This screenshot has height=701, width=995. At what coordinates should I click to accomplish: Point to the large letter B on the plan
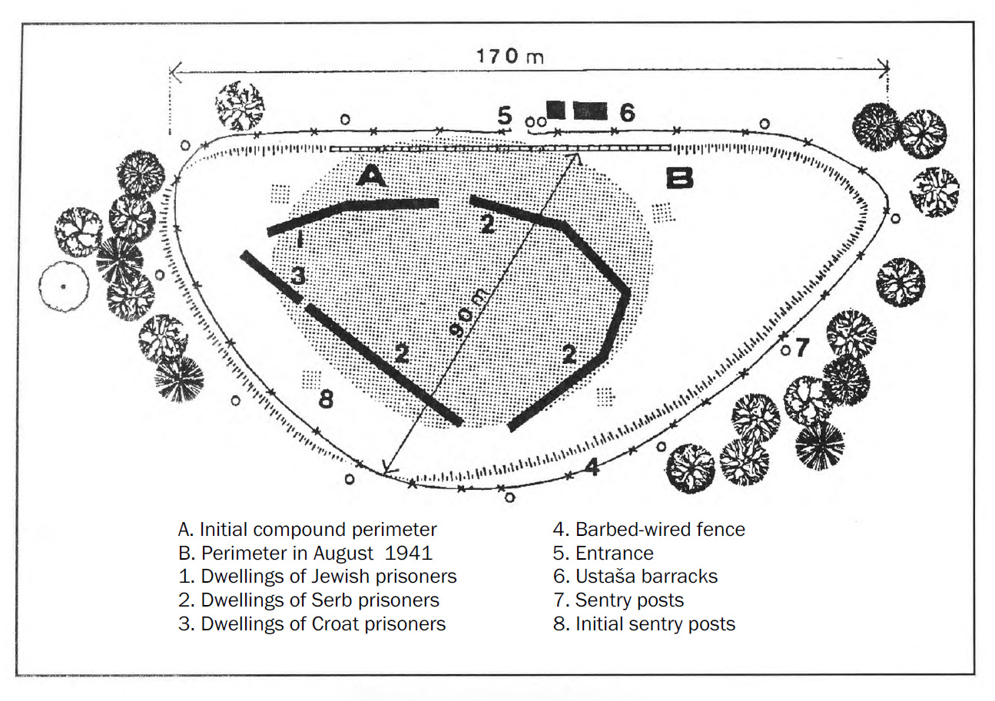pyautogui.click(x=678, y=178)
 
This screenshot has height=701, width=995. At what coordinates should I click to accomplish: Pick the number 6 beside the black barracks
pyautogui.click(x=627, y=114)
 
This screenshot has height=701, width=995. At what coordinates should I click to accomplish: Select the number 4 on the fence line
pyautogui.click(x=592, y=467)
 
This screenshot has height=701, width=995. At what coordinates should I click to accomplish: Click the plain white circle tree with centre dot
pyautogui.click(x=64, y=286)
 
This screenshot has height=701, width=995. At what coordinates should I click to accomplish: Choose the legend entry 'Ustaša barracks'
pyautogui.click(x=646, y=576)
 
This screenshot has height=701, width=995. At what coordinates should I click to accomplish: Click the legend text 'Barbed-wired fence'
pyautogui.click(x=660, y=529)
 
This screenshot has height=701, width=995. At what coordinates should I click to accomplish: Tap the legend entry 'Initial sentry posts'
pyautogui.click(x=655, y=623)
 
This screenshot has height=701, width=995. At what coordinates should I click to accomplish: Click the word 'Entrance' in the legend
pyautogui.click(x=614, y=553)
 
